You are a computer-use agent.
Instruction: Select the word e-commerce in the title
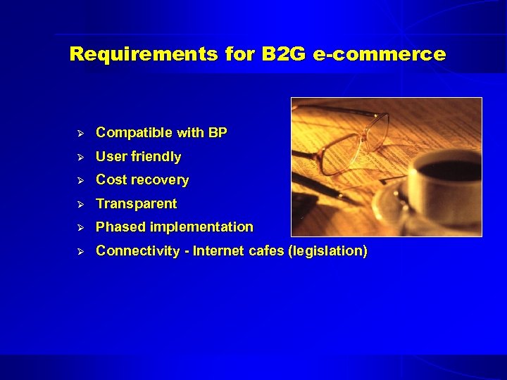pyautogui.click(x=380, y=54)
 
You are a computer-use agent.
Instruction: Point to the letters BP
pyautogui.click(x=218, y=132)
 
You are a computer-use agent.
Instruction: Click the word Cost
pyautogui.click(x=110, y=179)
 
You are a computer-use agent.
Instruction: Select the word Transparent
pyautogui.click(x=137, y=203)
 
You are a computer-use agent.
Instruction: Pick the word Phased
pyautogui.click(x=119, y=227)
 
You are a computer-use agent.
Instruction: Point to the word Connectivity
pyautogui.click(x=137, y=251)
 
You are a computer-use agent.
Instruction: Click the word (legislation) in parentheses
pyautogui.click(x=327, y=251)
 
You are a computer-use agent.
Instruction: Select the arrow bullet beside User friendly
pyautogui.click(x=80, y=156)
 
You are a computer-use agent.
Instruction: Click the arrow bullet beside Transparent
pyautogui.click(x=80, y=203)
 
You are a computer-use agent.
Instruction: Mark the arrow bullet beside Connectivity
pyautogui.click(x=80, y=251)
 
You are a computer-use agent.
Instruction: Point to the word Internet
pyautogui.click(x=220, y=251)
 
